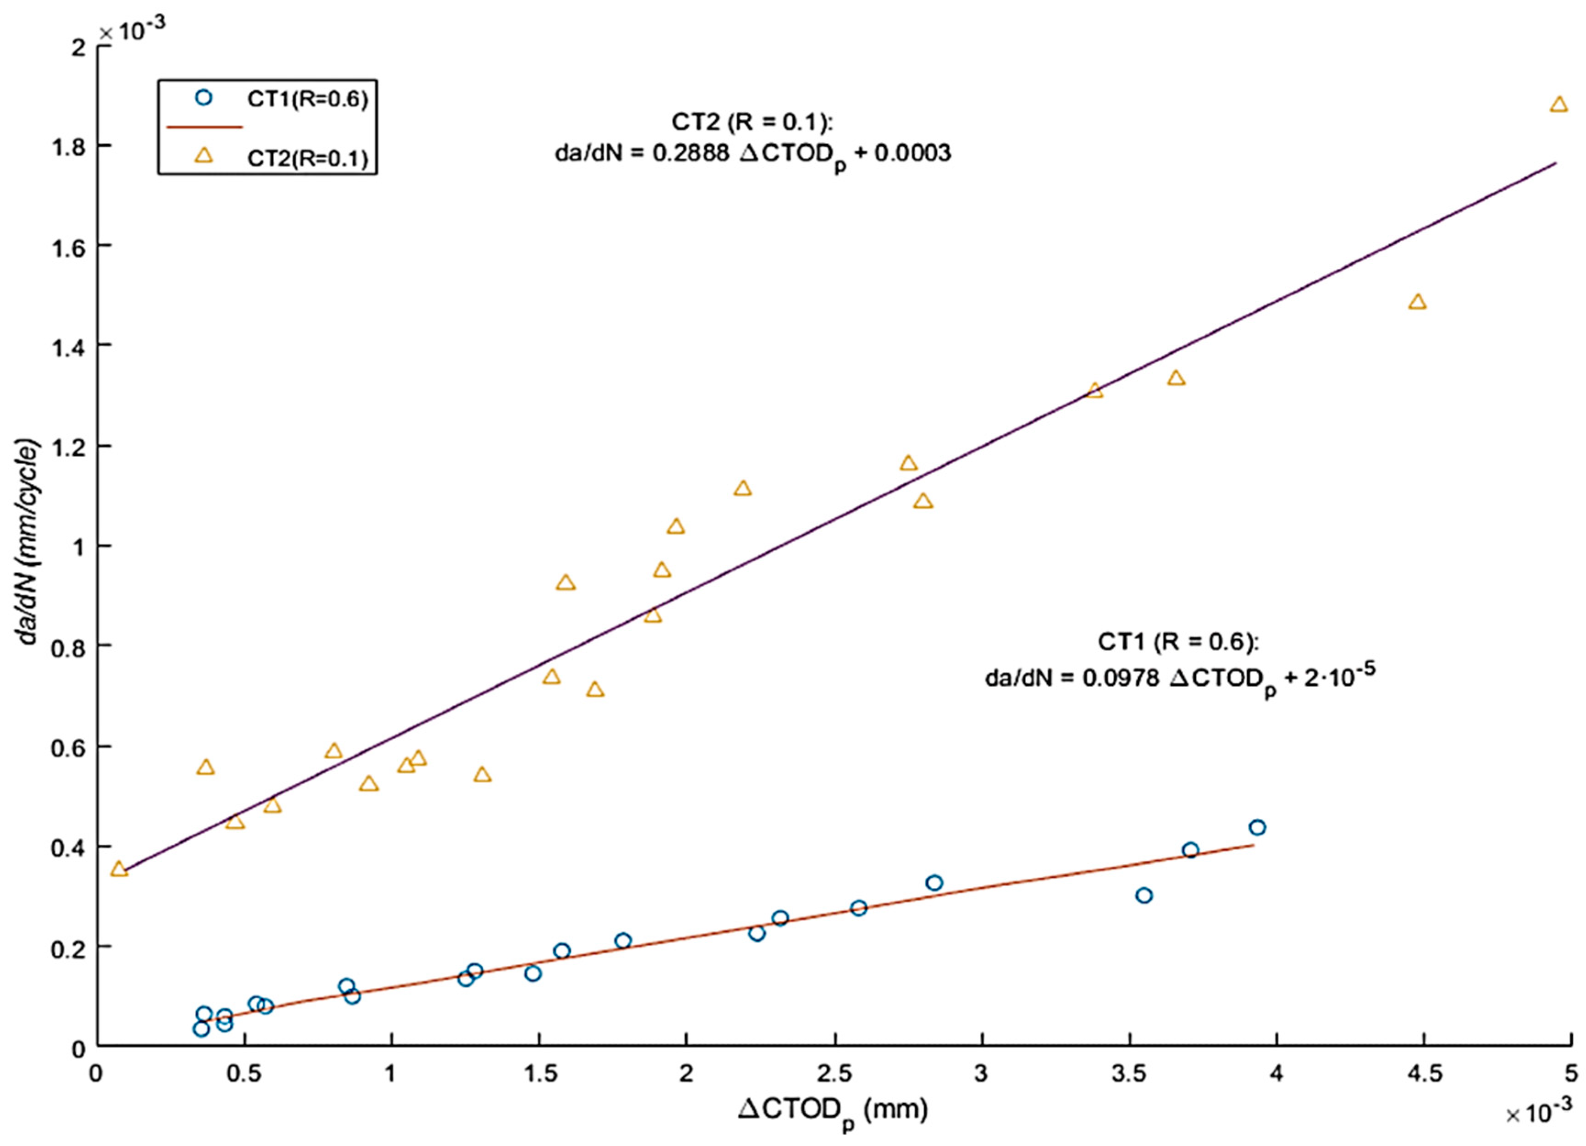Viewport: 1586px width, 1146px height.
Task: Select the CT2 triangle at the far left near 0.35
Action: [x=119, y=869]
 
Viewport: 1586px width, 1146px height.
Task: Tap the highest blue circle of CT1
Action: [x=1257, y=828]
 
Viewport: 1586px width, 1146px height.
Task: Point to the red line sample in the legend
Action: [x=204, y=127]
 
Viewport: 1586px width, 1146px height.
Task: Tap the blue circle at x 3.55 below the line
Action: [x=1144, y=896]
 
